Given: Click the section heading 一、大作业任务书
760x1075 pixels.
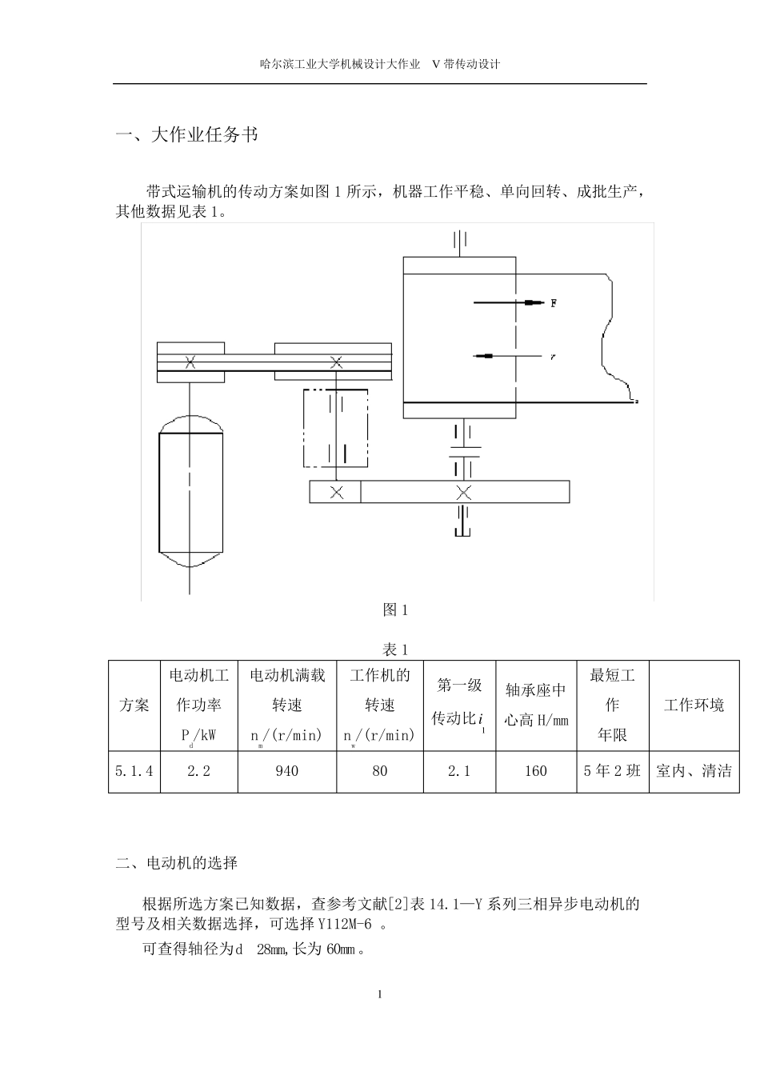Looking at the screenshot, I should tap(187, 135).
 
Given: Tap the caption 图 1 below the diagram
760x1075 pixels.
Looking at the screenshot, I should tap(396, 610).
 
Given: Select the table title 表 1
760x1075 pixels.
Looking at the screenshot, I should tap(396, 649).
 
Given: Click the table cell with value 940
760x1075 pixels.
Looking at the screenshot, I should tap(286, 771).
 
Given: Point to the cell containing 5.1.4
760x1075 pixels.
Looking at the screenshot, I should tap(134, 771).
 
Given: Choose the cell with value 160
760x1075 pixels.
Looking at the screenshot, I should tap(536, 771).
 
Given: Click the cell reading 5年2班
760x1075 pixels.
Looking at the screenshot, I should tap(613, 771).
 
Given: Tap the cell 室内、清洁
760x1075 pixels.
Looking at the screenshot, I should tap(694, 771).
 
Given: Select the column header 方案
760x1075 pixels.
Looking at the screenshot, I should tap(134, 705).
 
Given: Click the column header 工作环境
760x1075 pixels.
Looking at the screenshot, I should tap(694, 705).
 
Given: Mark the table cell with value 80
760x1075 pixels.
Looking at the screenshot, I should tap(380, 771).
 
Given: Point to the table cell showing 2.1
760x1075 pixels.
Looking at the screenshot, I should tap(459, 771).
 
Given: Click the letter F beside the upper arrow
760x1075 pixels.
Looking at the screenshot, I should tap(554, 303).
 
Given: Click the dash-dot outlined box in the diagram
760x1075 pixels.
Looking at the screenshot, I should tap(335, 428).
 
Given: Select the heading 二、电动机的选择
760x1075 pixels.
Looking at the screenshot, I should tap(177, 863).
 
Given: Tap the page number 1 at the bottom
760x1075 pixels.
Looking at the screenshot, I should tap(380, 995).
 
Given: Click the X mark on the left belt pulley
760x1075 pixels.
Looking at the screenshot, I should tap(190, 362).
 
